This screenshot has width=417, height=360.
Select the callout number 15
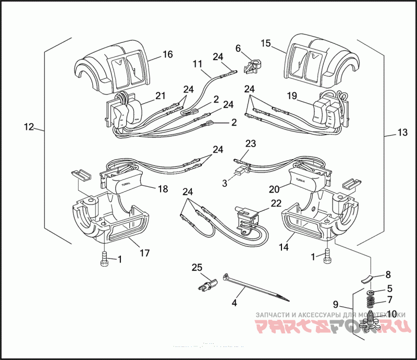[266, 44]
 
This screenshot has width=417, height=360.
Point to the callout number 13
[402, 133]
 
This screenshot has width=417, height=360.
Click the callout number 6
[238, 48]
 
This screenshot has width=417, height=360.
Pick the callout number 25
[196, 268]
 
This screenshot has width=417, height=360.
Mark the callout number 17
[144, 253]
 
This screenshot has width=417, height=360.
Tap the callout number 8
[388, 274]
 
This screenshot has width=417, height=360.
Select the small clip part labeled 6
[253, 64]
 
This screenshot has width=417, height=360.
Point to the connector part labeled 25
[206, 283]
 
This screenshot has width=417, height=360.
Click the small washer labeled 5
[369, 291]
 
